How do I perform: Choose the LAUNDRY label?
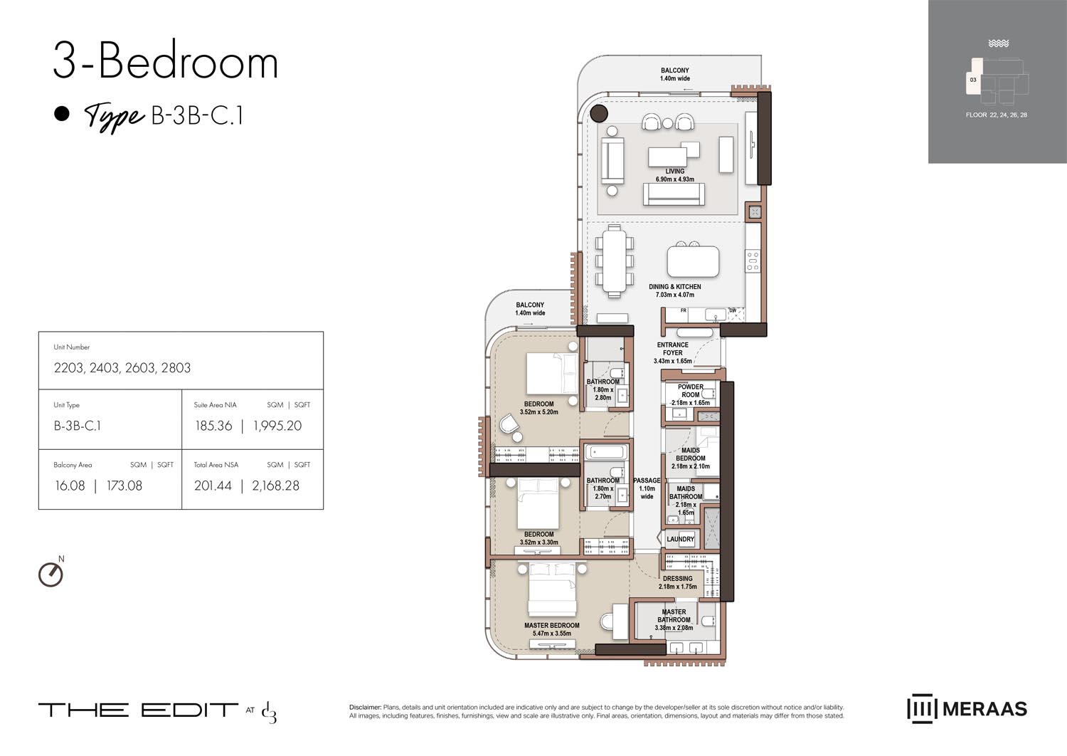680,539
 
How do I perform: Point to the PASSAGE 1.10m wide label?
647,488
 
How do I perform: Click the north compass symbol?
51,573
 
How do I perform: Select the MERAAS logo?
967,709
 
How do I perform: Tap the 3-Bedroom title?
165,62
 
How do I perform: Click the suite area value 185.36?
213,426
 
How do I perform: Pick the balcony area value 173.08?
124,485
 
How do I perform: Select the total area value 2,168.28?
275,485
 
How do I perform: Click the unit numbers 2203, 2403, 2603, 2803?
122,368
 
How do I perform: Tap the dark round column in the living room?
599,112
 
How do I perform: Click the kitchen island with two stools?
693,261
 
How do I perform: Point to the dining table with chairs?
614,261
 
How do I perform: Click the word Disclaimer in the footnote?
365,707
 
